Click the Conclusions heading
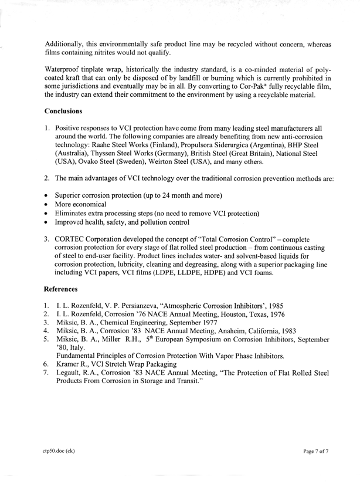[71, 110]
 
